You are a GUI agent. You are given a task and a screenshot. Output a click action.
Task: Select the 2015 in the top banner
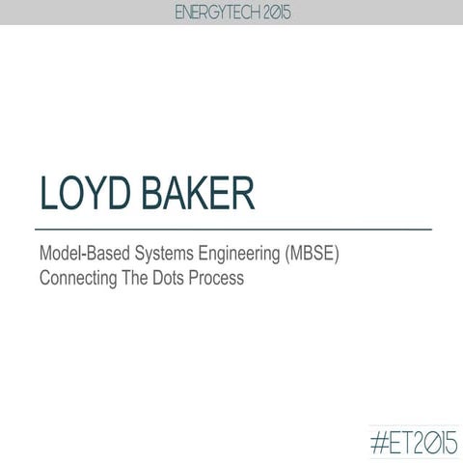pyautogui.click(x=273, y=12)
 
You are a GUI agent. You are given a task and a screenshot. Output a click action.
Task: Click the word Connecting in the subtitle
pyautogui.click(x=75, y=280)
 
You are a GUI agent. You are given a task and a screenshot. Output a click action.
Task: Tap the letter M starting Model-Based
pyautogui.click(x=45, y=257)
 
